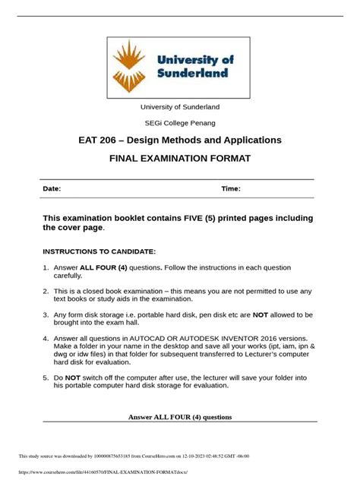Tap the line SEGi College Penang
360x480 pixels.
pyautogui.click(x=180, y=122)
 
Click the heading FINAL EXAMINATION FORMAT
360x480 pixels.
pyautogui.click(x=180, y=159)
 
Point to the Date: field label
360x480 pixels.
pyautogui.click(x=52, y=188)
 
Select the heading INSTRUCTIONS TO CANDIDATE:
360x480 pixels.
pyautogui.click(x=99, y=251)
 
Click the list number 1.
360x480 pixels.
pyautogui.click(x=46, y=267)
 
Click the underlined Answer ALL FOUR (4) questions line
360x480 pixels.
pyautogui.click(x=180, y=416)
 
